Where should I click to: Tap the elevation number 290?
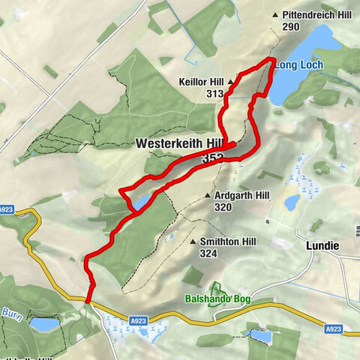pos(291,27)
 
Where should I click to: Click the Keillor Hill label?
pos(201,81)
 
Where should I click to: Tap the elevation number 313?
pos(215,93)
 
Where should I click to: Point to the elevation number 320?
pos(222,207)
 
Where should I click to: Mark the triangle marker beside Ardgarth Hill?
pos(207,195)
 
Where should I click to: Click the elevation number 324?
pos(208,254)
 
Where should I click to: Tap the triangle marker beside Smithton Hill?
pos(193,242)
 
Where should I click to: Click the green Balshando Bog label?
pos(218,300)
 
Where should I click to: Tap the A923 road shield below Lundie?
pos(334,328)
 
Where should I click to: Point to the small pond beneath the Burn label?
pos(43,325)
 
